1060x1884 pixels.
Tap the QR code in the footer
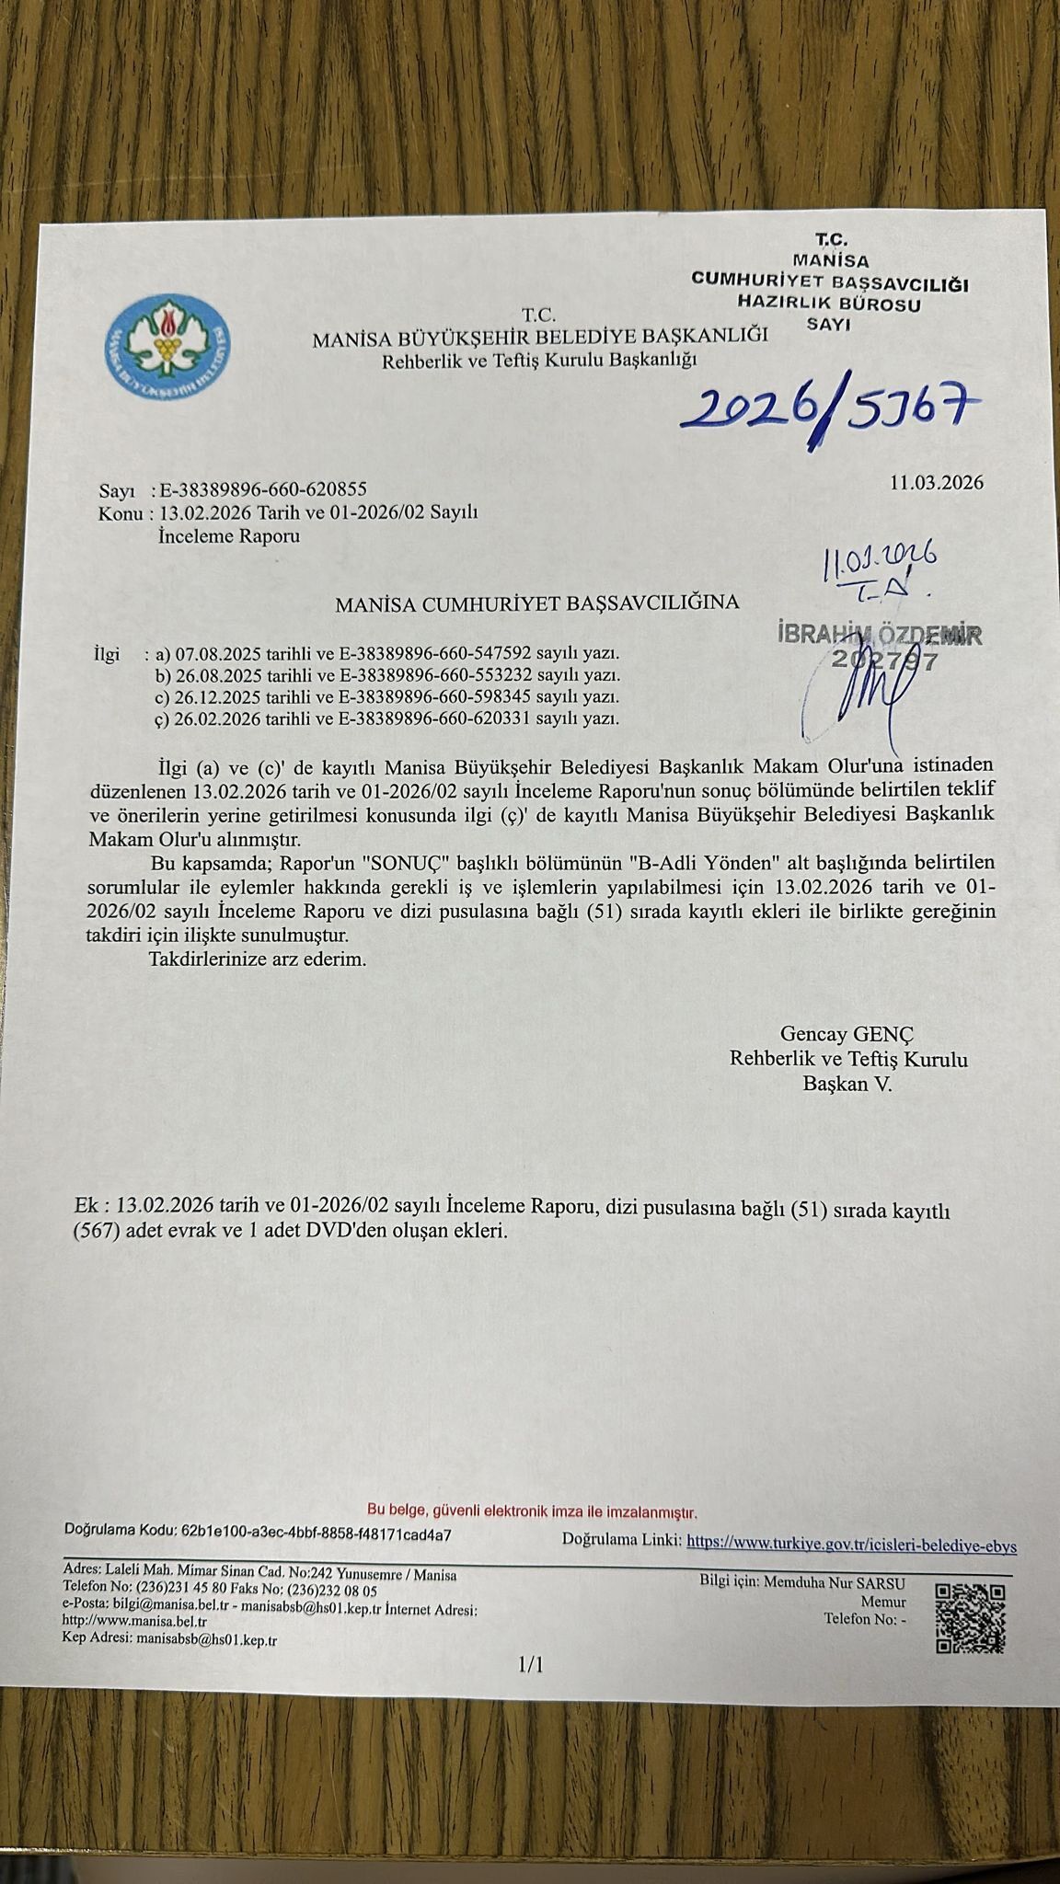coord(969,1618)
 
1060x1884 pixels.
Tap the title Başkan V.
coord(847,1084)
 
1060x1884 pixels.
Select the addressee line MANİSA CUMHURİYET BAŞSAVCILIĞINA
coord(537,603)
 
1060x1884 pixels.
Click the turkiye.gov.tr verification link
coord(852,1545)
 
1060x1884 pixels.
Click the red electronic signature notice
coord(533,1511)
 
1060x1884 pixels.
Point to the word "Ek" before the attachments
coord(84,1207)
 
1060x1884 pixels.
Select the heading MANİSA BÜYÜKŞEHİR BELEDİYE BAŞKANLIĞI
coord(539,338)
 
